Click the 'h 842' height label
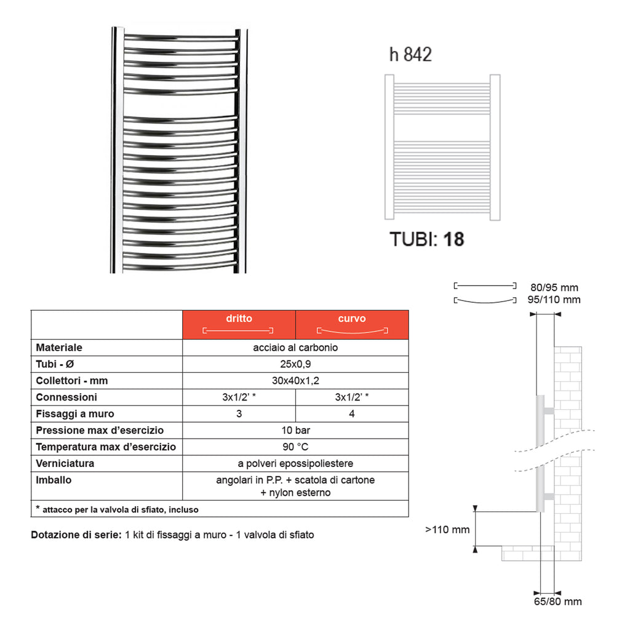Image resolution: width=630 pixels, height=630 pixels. tap(410, 54)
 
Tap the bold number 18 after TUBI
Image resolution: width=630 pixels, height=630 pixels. tap(453, 239)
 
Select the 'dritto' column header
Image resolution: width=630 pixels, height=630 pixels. tap(239, 319)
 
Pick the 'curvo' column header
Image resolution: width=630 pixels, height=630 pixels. tap(352, 319)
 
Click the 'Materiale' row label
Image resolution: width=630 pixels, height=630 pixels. tap(59, 348)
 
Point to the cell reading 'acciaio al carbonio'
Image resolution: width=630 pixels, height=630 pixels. tap(295, 348)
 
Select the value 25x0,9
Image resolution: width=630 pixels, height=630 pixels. tap(295, 364)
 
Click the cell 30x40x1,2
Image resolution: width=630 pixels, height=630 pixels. tap(295, 381)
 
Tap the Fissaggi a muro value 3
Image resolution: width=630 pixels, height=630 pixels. tap(239, 414)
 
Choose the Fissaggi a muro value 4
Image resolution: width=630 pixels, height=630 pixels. tap(352, 414)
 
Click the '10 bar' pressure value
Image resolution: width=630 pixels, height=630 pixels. tap(295, 431)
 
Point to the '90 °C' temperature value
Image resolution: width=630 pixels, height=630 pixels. tap(295, 447)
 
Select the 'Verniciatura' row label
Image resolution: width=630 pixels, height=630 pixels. tap(65, 463)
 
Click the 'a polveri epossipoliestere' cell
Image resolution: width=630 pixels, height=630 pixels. tap(295, 463)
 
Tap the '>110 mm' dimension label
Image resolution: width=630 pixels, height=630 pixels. tap(447, 529)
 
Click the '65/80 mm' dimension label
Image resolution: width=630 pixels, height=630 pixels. tap(557, 601)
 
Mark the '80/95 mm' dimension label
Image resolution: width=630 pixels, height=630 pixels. tap(554, 287)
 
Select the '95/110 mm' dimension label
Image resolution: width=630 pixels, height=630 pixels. tap(555, 300)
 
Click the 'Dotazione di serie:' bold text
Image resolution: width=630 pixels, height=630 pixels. tap(76, 535)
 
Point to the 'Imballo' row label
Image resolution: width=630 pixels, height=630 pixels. tap(54, 480)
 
